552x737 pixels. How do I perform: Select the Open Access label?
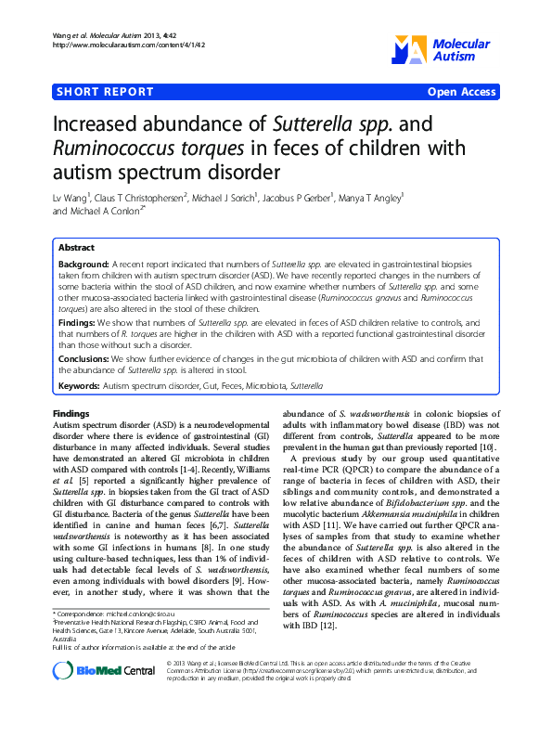point(461,92)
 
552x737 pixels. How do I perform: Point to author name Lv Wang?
point(71,197)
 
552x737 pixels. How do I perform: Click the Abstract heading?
point(76,249)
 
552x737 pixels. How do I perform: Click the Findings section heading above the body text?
point(71,413)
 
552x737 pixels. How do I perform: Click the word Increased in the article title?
point(92,124)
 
